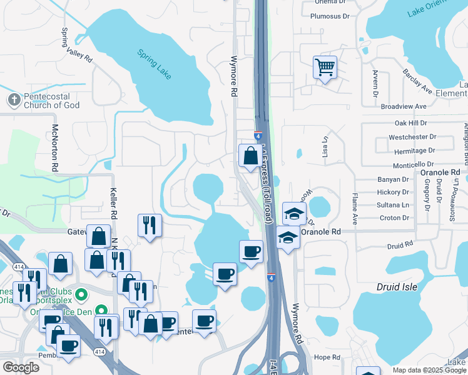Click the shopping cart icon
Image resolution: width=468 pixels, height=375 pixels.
point(325,67)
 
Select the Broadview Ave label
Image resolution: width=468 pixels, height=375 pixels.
point(407,107)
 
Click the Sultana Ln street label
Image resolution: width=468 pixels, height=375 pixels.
point(394,205)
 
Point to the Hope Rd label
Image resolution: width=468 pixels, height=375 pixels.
point(327,357)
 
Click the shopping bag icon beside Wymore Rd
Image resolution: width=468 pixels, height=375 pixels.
point(250,156)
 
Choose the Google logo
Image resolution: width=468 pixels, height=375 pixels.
point(21,367)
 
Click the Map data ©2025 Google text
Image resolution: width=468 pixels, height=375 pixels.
point(429,370)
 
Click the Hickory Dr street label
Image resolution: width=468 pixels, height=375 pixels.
point(394,192)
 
